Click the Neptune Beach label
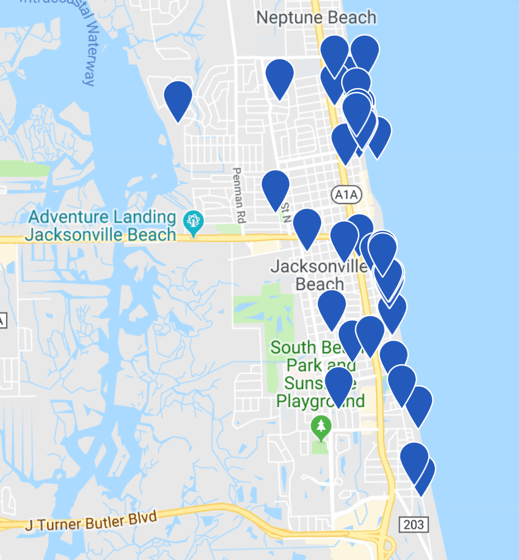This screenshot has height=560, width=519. [x=316, y=18]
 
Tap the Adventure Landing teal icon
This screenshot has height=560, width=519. [x=193, y=222]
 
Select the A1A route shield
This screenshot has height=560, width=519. [x=344, y=193]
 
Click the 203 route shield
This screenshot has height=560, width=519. [x=414, y=524]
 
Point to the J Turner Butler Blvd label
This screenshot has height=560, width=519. [x=91, y=521]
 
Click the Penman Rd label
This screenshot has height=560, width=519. [x=238, y=195]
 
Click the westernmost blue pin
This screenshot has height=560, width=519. [x=178, y=98]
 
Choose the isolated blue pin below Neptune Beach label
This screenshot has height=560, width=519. [x=280, y=76]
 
